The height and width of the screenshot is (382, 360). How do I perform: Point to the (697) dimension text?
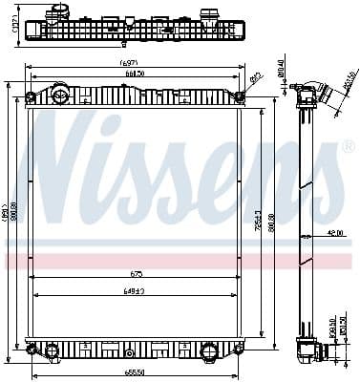coord(131,63)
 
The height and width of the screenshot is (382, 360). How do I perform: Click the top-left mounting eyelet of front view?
coord(32,96)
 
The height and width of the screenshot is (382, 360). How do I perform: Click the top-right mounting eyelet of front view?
coord(240,95)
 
